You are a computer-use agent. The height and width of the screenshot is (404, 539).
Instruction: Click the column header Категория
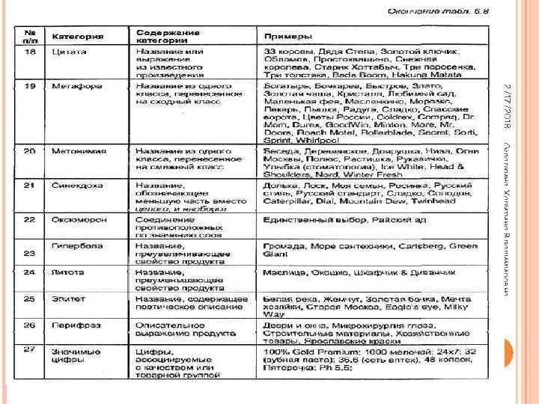point(78,37)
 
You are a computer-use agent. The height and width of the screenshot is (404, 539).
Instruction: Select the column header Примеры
point(283,37)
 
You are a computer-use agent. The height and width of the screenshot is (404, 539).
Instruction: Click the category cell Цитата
point(70,52)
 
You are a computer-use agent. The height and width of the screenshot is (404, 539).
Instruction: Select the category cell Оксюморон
point(79,220)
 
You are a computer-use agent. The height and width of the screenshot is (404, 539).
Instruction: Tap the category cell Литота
point(68,272)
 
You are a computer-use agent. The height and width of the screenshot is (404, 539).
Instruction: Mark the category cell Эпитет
point(67,299)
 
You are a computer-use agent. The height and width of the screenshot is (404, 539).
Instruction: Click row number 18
point(30,52)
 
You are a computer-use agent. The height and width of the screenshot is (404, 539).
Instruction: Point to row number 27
point(30,349)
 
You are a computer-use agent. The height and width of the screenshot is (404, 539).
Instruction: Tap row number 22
point(30,220)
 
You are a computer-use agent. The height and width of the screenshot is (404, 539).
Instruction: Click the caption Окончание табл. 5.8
point(441,11)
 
